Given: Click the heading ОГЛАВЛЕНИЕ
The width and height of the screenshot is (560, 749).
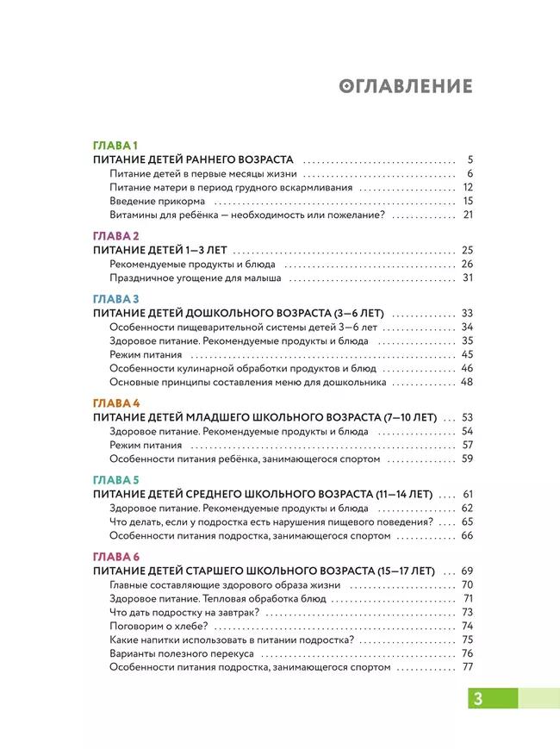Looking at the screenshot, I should click(x=406, y=86).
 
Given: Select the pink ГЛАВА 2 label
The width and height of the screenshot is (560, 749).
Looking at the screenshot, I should click(x=116, y=234).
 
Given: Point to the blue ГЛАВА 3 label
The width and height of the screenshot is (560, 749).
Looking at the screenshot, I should click(x=116, y=298).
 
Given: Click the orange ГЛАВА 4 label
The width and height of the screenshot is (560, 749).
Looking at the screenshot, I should click(x=116, y=403).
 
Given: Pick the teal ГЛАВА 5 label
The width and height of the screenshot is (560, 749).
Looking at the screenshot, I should click(x=116, y=479).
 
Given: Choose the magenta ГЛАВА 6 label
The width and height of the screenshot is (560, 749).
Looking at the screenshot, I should click(x=116, y=556).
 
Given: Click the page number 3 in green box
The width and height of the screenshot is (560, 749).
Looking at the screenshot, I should click(x=477, y=698).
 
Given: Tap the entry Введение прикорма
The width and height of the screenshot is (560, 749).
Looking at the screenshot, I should click(x=157, y=201).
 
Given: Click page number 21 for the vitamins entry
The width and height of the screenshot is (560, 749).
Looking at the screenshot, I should click(x=469, y=215).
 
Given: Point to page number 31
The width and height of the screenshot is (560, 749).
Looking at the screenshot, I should click(x=469, y=278).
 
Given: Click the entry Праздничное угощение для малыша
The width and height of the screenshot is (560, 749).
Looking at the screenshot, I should click(x=196, y=278).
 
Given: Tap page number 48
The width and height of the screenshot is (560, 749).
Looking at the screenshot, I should click(x=468, y=382).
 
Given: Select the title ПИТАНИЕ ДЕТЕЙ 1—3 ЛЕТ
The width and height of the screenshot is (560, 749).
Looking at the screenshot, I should click(x=159, y=250).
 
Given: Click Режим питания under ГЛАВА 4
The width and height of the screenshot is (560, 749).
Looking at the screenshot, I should click(x=146, y=445).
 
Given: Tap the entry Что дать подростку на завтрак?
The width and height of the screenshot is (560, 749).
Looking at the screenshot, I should click(x=185, y=612).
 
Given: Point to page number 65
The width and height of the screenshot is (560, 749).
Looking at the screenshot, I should click(x=468, y=521).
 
